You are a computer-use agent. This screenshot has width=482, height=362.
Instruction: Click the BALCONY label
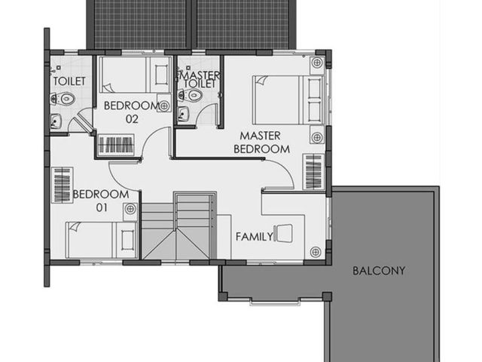[x=378, y=271]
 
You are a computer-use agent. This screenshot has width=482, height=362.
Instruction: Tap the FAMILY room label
[x=255, y=237]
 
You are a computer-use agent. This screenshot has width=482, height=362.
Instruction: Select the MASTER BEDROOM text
[x=261, y=143]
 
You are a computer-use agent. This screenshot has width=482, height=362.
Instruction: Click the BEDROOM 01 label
[x=101, y=201]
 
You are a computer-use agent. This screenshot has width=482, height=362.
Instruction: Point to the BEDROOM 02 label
[x=132, y=112]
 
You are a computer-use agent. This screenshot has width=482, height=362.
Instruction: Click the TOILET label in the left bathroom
[x=69, y=81]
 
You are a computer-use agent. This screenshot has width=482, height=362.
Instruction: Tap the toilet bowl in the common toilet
[x=63, y=99]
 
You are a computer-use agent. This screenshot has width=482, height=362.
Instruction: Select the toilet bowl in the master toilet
[x=191, y=95]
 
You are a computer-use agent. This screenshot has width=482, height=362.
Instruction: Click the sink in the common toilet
[x=56, y=121]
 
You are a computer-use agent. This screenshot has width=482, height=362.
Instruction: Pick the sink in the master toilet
[x=183, y=114]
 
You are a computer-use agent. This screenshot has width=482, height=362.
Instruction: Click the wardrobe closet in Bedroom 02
[x=116, y=145]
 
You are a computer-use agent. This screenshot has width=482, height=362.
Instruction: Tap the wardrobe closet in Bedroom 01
[x=63, y=186]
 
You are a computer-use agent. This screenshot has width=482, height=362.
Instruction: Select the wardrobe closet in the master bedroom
[x=313, y=172]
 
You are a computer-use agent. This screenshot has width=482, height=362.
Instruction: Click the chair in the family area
[x=283, y=233]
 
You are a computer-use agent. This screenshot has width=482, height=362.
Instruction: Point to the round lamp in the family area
[x=316, y=252]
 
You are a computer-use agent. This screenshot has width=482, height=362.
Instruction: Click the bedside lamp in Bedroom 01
[x=130, y=209]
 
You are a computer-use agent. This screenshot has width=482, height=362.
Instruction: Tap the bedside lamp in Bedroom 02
[x=164, y=106]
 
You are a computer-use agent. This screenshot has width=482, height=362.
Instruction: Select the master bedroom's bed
[x=288, y=100]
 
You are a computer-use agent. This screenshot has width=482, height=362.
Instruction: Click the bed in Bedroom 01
[x=102, y=240]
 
